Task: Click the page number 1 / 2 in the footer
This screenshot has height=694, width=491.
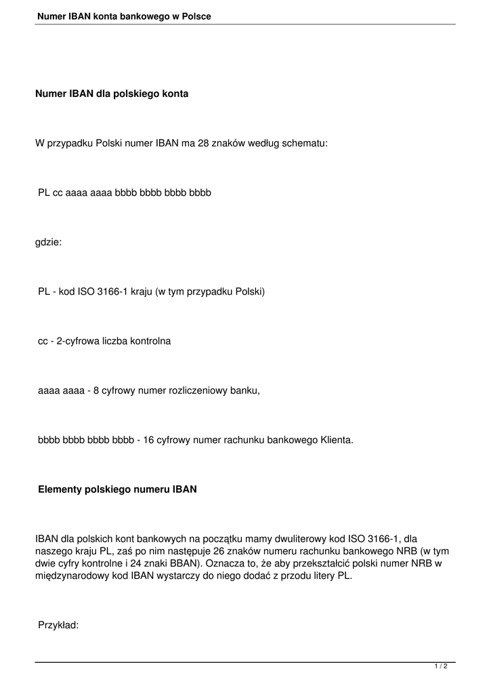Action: [x=441, y=667]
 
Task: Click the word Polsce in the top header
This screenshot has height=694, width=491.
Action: [x=196, y=16]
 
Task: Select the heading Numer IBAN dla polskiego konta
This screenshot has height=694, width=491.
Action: [x=112, y=94]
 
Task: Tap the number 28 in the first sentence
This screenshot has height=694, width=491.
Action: [x=204, y=143]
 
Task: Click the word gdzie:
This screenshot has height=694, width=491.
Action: [x=48, y=242]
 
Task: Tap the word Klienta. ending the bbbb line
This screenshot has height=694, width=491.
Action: [x=336, y=440]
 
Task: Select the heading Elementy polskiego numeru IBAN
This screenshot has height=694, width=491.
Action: [x=117, y=489]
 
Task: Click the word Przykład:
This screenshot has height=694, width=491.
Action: [x=58, y=626]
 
